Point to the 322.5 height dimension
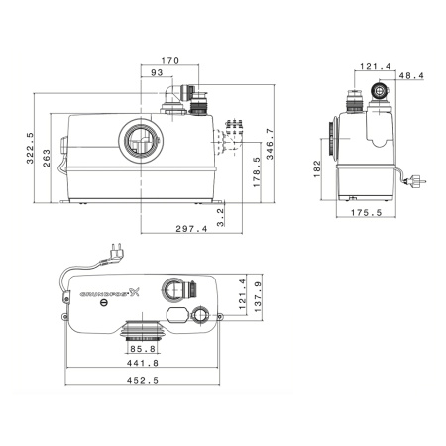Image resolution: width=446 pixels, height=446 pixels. pyautogui.click(x=29, y=149)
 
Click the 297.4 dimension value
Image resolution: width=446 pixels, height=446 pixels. pyautogui.click(x=191, y=229)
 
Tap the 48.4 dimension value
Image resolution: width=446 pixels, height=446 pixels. pyautogui.click(x=409, y=75)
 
